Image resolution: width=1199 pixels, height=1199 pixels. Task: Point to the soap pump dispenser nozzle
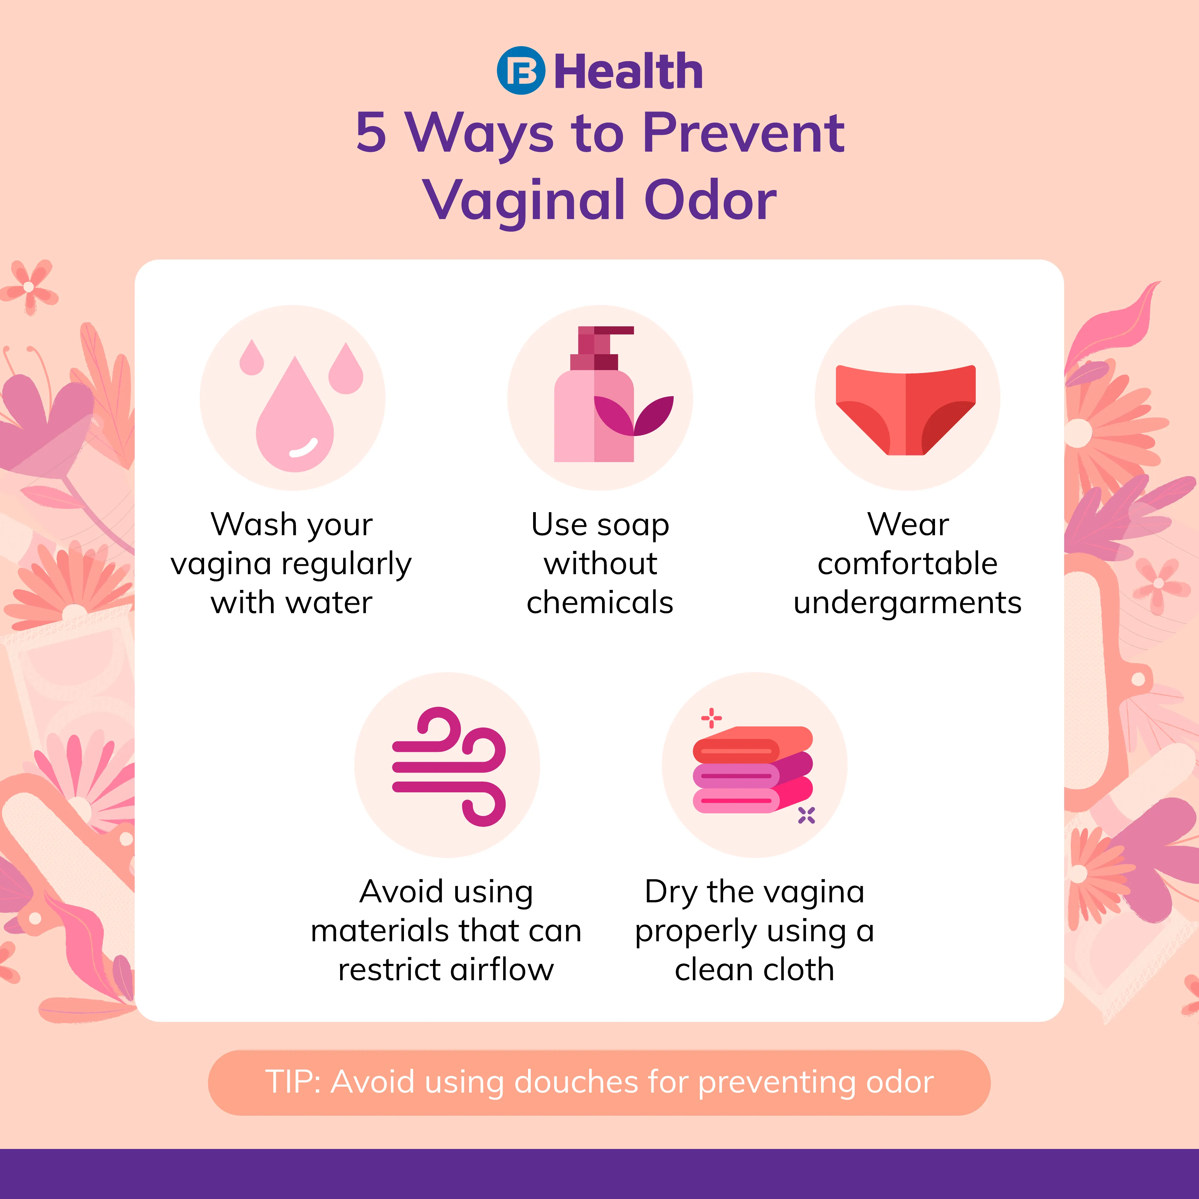pyautogui.click(x=605, y=338)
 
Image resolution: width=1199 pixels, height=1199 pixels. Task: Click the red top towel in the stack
pyautogui.click(x=752, y=745)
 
